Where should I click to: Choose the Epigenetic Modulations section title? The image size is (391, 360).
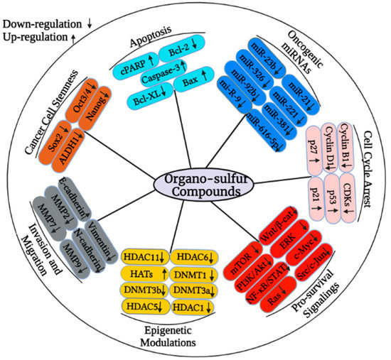pyautogui.click(x=167, y=336)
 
